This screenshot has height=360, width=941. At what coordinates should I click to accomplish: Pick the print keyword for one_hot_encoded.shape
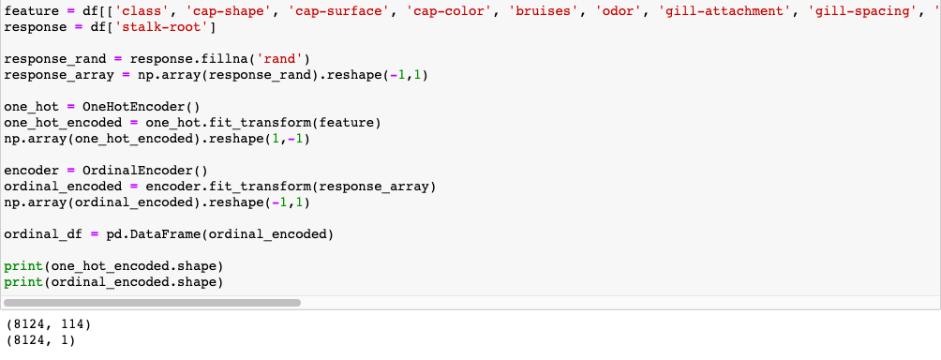[x=22, y=265]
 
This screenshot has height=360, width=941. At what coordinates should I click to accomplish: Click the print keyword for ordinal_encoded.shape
[x=22, y=281]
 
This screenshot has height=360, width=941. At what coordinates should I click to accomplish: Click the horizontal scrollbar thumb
[x=153, y=303]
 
